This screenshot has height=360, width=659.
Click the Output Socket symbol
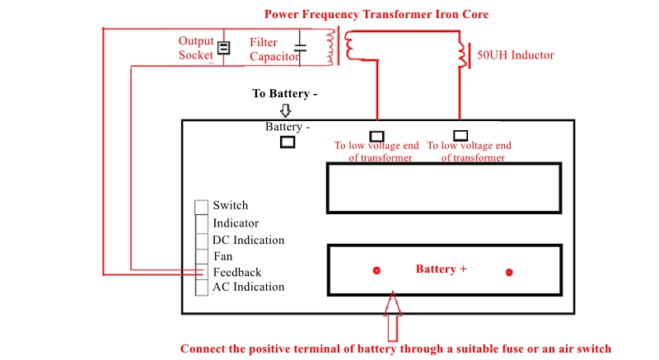click(223, 48)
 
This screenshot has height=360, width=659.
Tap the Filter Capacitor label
click(274, 49)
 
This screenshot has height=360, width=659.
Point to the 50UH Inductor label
click(516, 55)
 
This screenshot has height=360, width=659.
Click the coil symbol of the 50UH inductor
click(463, 55)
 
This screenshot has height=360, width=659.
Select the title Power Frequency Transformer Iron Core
click(376, 14)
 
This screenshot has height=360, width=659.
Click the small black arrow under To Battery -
click(286, 110)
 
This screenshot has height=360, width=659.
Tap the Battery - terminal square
click(287, 142)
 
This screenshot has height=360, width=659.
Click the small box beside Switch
click(201, 207)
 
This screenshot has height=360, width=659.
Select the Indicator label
click(236, 223)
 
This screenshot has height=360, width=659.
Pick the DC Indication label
click(249, 240)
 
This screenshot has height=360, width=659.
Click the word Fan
click(222, 256)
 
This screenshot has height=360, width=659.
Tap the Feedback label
click(237, 272)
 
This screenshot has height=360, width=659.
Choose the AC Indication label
click(249, 287)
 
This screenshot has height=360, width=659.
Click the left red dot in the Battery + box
click(376, 270)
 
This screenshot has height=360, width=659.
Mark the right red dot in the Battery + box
click(509, 272)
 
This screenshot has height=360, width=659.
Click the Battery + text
click(442, 269)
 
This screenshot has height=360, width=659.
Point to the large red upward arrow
click(393, 316)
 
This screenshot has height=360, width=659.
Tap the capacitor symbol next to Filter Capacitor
click(300, 48)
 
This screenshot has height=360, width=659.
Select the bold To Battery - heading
click(284, 93)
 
